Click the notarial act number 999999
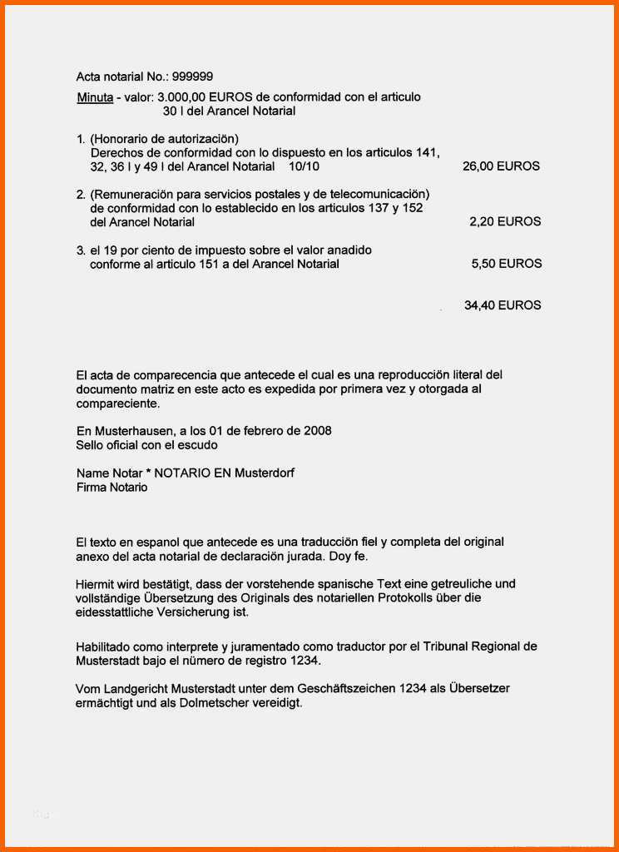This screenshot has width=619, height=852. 192,77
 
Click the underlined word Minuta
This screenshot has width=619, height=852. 95,97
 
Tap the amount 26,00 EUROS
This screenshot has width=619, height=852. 501,166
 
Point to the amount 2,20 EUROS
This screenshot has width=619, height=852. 505,222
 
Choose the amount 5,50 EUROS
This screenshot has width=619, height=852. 507,264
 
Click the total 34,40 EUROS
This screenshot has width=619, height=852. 503,305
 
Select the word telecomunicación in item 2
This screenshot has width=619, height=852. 378,194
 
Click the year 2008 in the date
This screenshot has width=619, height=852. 317,431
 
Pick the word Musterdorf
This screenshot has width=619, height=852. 265,473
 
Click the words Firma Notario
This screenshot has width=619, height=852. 111,488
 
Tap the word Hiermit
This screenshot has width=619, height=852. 96,584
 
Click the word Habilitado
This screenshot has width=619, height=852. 104,646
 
